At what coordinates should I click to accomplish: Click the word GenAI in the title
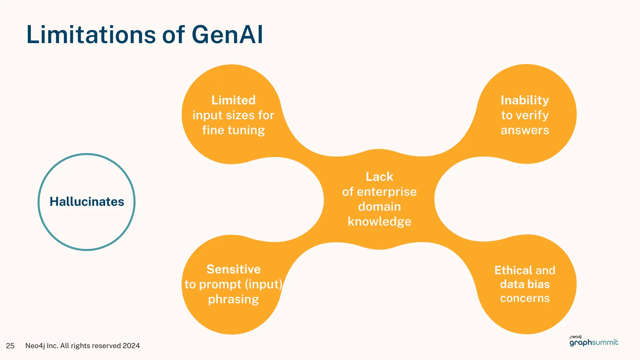[227, 34]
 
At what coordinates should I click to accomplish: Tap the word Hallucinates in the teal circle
[87, 202]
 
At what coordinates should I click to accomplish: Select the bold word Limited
[233, 100]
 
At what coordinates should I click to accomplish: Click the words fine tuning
[233, 130]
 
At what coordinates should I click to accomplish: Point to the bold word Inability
[525, 100]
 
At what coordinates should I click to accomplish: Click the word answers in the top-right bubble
[525, 130]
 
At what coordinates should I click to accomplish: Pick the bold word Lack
[379, 177]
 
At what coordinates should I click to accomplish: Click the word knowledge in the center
[379, 222]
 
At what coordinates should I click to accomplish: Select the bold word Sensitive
[233, 269]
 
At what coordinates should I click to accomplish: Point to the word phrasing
[233, 299]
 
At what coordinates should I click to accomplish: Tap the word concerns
[525, 298]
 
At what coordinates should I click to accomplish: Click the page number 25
[10, 346]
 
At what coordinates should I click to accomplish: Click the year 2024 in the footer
[131, 346]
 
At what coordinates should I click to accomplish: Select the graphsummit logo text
[594, 342]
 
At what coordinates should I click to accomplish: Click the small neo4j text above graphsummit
[576, 337]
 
